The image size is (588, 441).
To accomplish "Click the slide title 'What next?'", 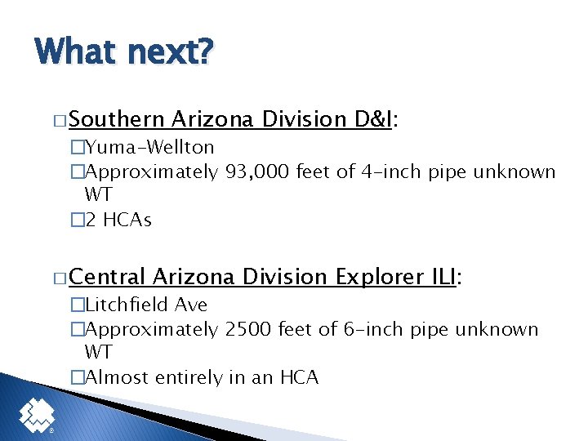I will pyautogui.click(x=123, y=51).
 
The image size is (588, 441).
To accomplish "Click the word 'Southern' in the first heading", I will pyautogui.click(x=117, y=119).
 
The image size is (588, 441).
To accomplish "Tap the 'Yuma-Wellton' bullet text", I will pyautogui.click(x=149, y=148).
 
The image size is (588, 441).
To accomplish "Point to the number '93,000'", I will pyautogui.click(x=256, y=172).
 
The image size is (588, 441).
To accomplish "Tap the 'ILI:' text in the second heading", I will pyautogui.click(x=446, y=277).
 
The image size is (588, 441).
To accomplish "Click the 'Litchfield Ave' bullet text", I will pyautogui.click(x=146, y=305).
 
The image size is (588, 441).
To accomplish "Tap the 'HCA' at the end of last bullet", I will pyautogui.click(x=300, y=377).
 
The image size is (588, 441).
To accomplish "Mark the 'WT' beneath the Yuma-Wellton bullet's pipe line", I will pyautogui.click(x=98, y=196).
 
